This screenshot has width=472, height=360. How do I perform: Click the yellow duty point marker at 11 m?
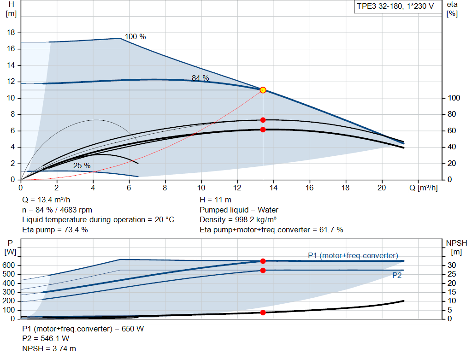[x=263, y=90]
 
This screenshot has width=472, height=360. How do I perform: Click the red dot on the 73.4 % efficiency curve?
[x=263, y=120]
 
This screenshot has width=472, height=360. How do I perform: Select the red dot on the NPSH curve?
[x=263, y=313]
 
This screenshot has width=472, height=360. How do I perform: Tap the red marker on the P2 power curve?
[x=263, y=270]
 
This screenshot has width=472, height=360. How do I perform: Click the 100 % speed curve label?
[x=135, y=36]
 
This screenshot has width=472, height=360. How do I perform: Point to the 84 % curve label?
[x=200, y=78]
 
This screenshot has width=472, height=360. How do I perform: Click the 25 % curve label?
[x=82, y=165]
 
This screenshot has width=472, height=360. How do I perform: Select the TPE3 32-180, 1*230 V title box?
[x=395, y=7]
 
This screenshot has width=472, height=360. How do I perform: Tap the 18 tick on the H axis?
[x=12, y=33]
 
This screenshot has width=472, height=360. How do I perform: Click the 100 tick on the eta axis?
[x=454, y=98]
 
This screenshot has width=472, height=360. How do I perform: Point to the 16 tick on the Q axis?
[x=309, y=188]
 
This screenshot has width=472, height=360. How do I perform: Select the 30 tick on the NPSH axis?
[x=454, y=266]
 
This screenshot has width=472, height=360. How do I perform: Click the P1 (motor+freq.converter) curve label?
[x=353, y=255]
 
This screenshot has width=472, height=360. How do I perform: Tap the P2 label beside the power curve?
[x=396, y=275]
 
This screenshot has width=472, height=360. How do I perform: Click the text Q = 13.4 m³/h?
[x=46, y=200]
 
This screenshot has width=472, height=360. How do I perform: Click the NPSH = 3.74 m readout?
[x=49, y=349]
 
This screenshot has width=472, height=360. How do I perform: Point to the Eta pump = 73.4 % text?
[x=55, y=230]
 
